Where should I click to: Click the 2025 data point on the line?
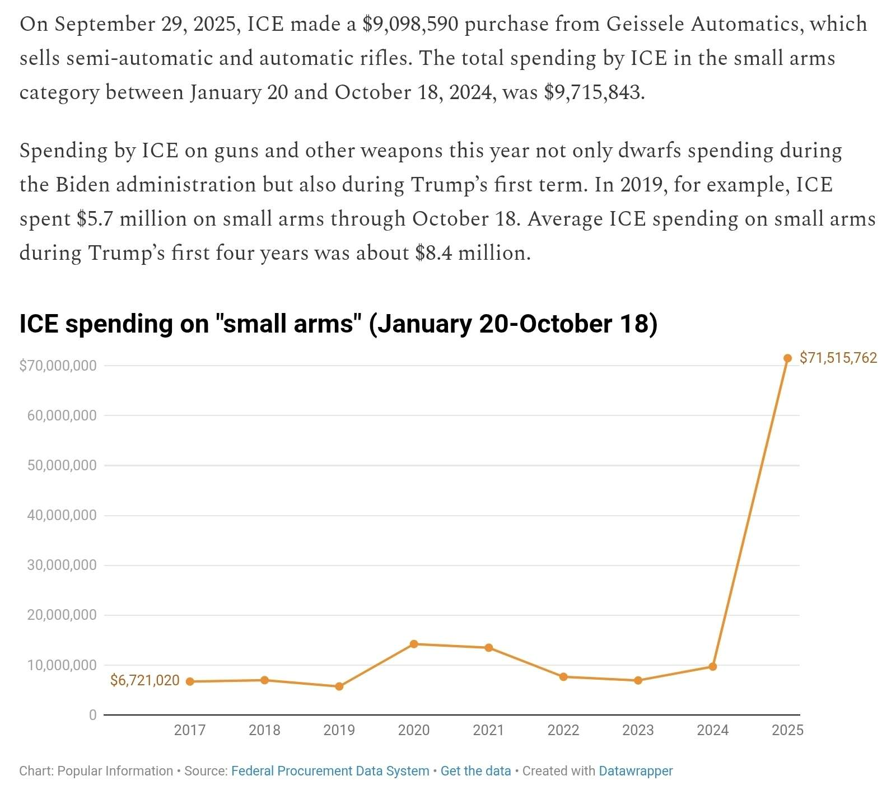787,358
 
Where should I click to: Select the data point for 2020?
414,644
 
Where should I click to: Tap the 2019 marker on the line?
339,686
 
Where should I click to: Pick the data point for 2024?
712,666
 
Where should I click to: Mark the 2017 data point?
190,681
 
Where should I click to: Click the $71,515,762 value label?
838,358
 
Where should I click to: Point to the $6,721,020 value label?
144,680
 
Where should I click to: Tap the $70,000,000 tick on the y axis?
58,366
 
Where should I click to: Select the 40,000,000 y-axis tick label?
62,515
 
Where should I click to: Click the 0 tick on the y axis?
92,715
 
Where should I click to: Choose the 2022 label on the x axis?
563,730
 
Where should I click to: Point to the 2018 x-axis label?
264,730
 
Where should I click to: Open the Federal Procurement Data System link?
330,771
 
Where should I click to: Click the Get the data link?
475,771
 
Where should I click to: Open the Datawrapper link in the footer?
636,771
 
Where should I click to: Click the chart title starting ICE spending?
338,324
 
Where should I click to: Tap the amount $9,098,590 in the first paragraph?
410,24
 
